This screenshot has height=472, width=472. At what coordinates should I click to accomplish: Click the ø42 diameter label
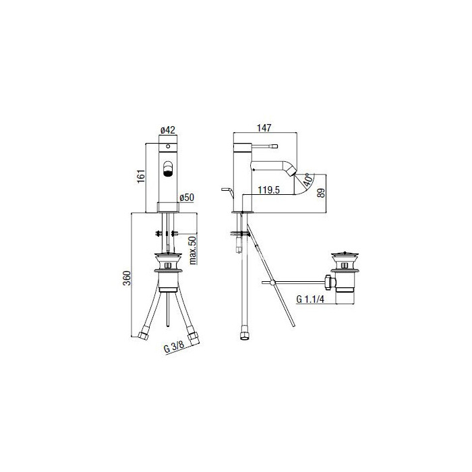coord(168,130)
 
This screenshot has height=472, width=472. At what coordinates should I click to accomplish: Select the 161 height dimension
coord(141,176)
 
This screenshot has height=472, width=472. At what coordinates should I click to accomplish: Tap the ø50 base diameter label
coord(187,198)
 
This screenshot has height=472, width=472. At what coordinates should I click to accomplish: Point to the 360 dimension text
coord(127,278)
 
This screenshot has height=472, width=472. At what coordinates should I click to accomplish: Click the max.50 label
coord(193,250)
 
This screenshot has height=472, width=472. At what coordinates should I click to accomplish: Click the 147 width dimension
coord(264,128)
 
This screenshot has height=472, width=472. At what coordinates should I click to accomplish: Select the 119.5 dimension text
coord(268,190)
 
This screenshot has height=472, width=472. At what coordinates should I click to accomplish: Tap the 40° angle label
coord(307,179)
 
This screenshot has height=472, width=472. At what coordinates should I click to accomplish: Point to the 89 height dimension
coord(321,193)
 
